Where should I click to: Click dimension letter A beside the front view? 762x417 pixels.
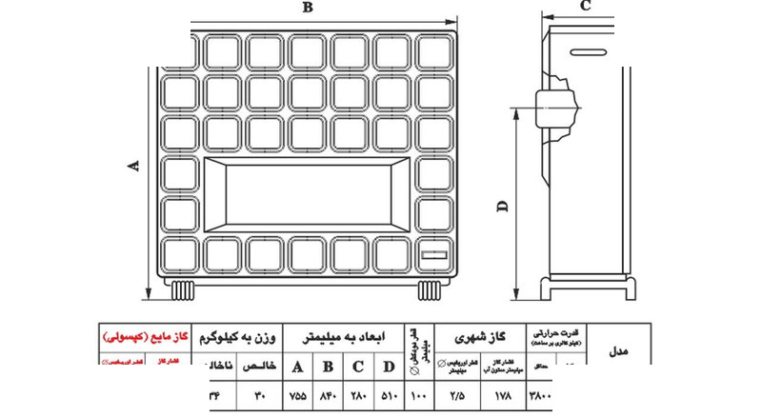tap(134, 165)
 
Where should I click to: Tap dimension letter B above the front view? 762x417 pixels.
tap(307, 9)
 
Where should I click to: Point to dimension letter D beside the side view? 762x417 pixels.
tap(502, 204)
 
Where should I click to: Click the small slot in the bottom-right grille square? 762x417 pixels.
tap(434, 254)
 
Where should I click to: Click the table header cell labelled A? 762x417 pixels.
tap(297, 367)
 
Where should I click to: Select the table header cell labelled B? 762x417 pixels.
tap(329, 367)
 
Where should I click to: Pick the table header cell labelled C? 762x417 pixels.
tap(359, 367)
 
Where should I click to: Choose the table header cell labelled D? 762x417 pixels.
tap(390, 367)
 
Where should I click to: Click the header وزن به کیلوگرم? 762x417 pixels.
tap(238, 337)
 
